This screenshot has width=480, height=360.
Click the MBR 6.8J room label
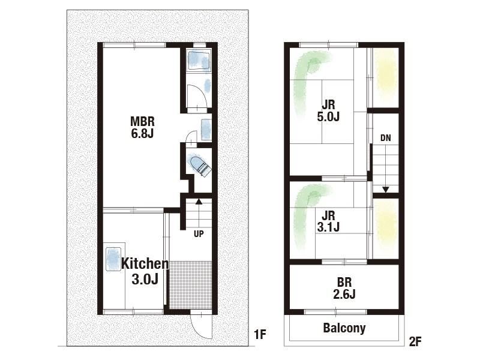pos(142,127)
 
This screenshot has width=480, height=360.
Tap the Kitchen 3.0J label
pos(145,272)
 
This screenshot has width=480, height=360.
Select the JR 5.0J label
pos(328,111)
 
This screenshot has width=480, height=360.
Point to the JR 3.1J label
pos(328,221)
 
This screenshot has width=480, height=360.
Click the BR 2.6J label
pos(344,289)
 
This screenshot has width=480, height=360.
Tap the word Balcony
pos(344,328)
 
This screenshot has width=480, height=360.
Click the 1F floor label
pos(260,334)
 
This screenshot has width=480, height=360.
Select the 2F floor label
pos(415,341)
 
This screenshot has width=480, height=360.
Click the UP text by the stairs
pos(199,234)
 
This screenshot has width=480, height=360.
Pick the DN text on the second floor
pos(385,138)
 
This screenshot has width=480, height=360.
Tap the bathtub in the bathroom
pos(199,61)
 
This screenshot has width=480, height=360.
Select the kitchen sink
pos(113,259)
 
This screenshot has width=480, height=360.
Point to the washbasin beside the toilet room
pos(206,129)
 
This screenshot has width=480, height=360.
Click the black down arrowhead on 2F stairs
pos(385,190)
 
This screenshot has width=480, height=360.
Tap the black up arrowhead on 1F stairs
pos(199,201)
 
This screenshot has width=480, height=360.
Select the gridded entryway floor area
pos(190,285)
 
